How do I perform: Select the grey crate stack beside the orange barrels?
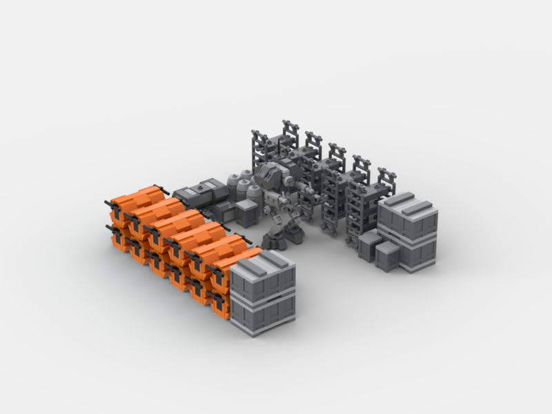pyautogui.click(x=262, y=293)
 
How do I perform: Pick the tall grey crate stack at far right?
pyautogui.click(x=407, y=231)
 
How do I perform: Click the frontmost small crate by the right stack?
pyautogui.click(x=388, y=257)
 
